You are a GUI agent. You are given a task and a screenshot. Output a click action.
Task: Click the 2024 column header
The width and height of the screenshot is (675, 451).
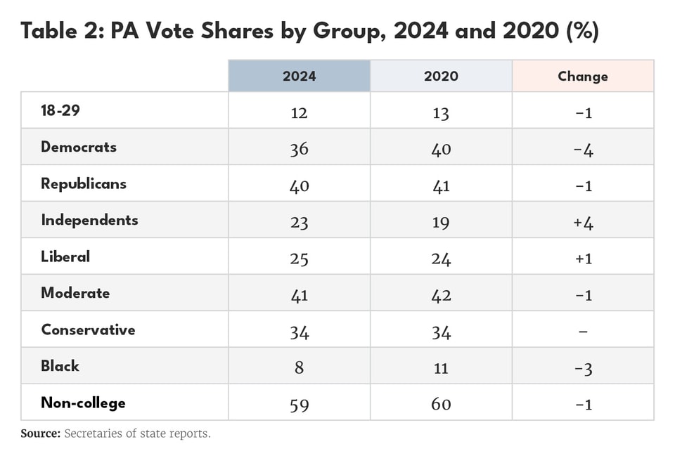[299, 76]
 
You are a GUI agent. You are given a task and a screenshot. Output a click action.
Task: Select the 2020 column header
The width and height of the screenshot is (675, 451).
[441, 76]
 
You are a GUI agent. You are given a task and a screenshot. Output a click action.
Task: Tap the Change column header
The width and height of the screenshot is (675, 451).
[583, 76]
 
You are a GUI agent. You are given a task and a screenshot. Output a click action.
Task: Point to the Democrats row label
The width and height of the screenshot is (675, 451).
[79, 148]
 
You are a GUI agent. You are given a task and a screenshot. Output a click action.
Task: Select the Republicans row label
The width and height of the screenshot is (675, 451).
[84, 184]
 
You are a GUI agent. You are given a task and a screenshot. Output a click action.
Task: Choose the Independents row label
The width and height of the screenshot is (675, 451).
[89, 221]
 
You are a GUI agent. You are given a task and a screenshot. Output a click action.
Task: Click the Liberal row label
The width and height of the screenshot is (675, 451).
[65, 257]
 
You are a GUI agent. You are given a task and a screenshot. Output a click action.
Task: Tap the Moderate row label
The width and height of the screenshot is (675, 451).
[75, 294]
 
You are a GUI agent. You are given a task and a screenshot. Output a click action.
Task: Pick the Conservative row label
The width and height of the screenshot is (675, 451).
[88, 330]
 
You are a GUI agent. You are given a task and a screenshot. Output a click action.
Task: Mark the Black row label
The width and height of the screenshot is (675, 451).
[60, 367]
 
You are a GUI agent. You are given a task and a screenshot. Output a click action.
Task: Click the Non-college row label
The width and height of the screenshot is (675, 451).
[83, 403]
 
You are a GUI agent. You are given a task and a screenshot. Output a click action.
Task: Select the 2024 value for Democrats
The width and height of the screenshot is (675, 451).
[299, 149]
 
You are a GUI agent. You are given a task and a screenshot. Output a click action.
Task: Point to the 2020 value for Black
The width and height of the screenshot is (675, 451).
[441, 368]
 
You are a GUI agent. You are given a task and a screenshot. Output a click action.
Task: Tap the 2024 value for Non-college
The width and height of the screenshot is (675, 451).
[299, 405]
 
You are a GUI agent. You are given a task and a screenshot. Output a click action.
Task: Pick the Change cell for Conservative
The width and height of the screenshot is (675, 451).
[583, 332]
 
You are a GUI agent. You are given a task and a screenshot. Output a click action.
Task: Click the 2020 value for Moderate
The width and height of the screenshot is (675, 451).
[441, 295]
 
